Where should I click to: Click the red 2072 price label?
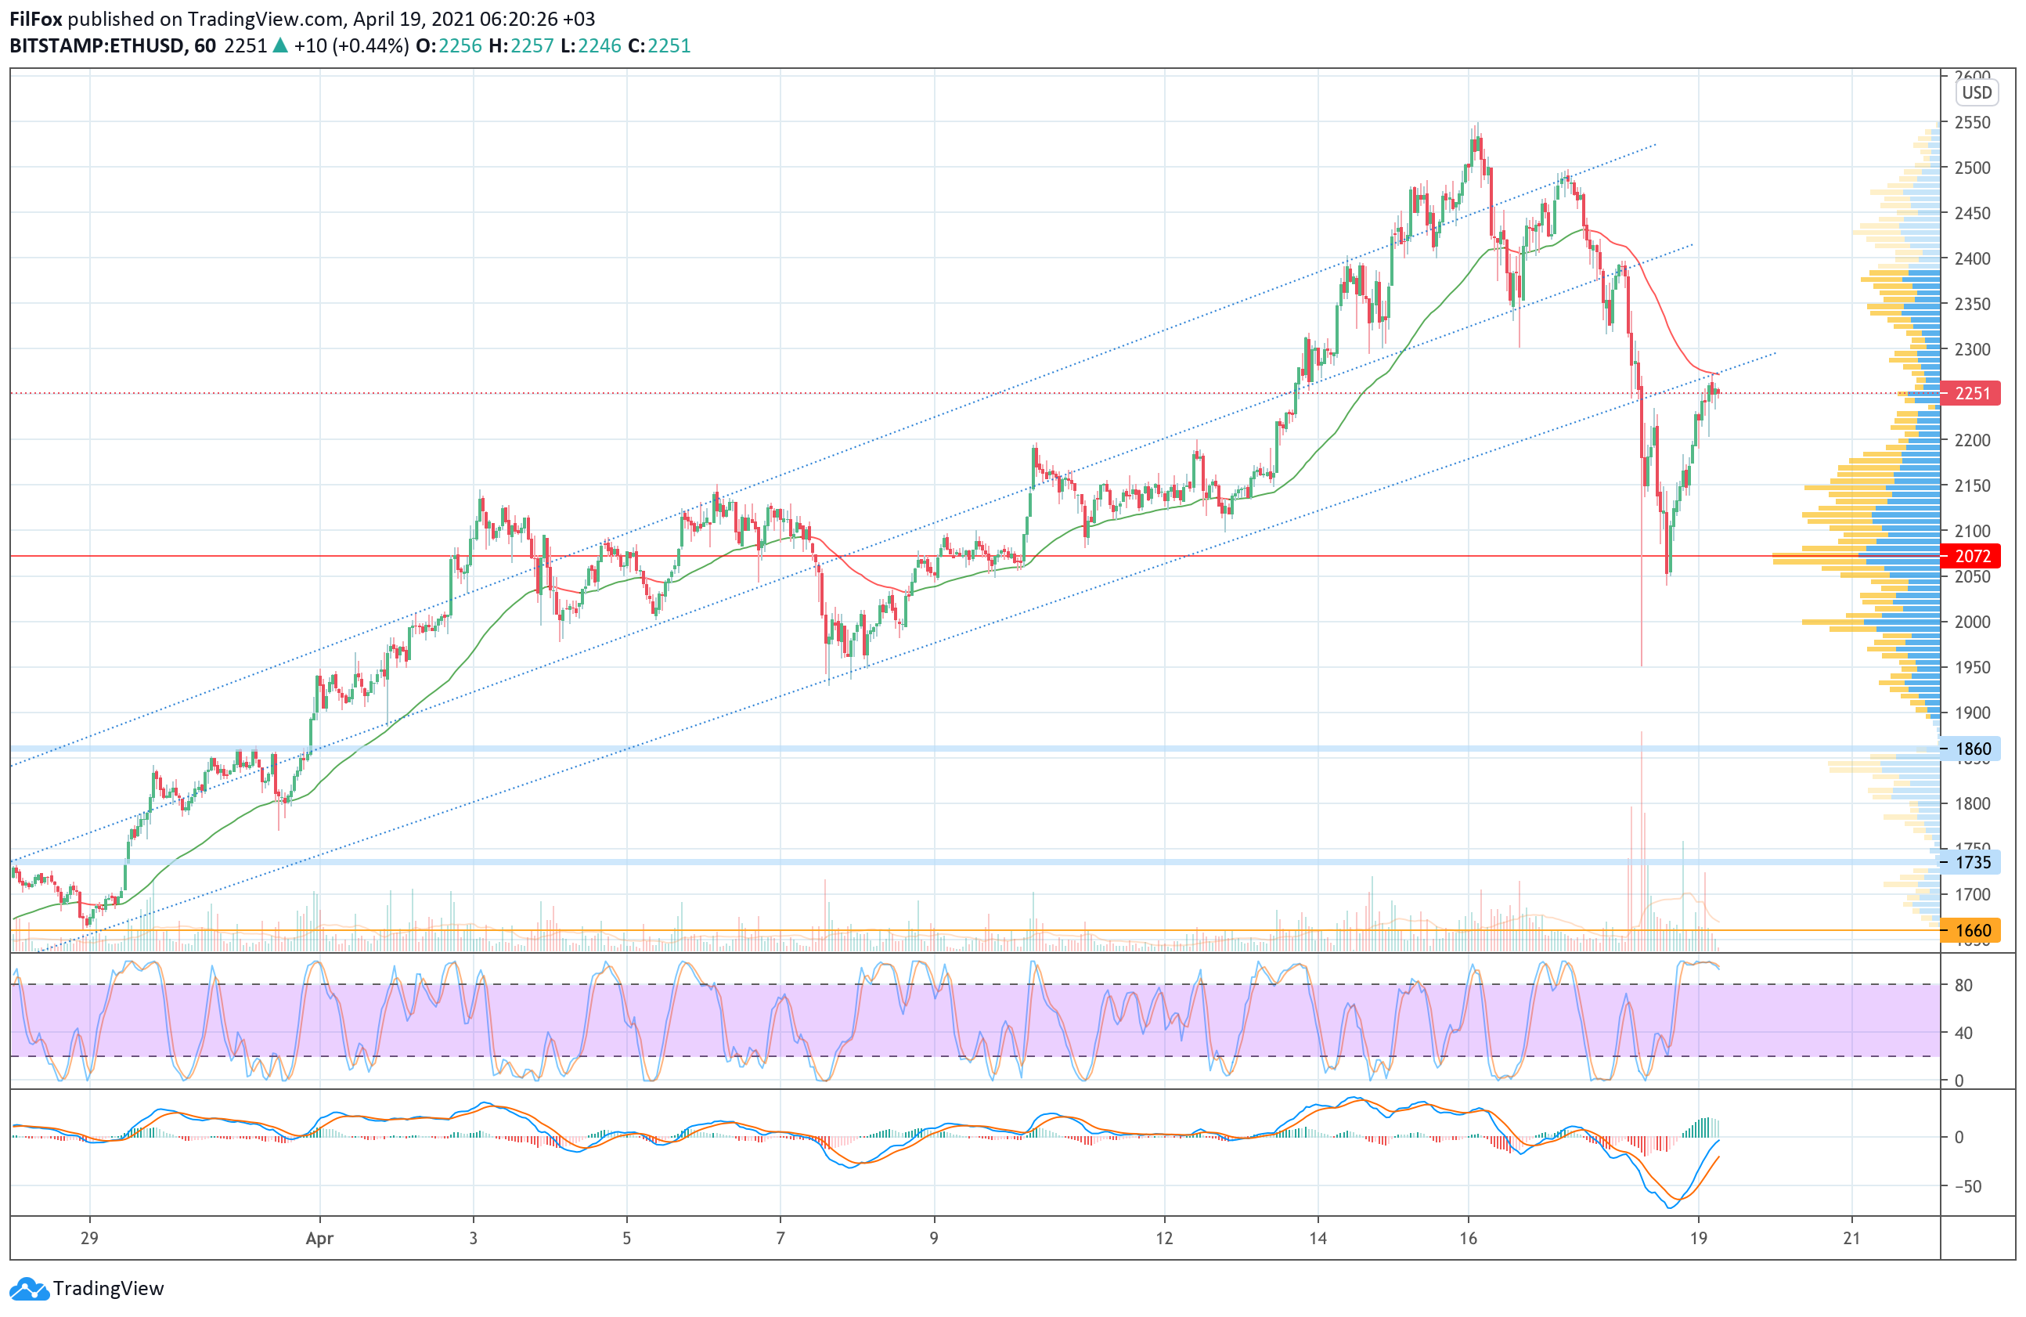click(1971, 556)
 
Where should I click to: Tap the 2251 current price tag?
click(1971, 393)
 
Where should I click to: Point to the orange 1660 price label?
click(1971, 930)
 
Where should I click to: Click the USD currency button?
click(1977, 93)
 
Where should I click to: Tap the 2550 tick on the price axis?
click(1972, 123)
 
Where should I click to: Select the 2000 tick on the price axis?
click(1972, 622)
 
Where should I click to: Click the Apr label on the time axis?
click(319, 1239)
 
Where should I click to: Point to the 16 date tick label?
click(1468, 1239)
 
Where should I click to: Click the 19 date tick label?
click(1698, 1239)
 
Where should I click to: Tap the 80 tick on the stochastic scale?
click(1964, 986)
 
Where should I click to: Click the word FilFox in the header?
click(36, 19)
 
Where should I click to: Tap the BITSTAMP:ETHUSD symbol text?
click(96, 46)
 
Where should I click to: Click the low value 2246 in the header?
click(600, 46)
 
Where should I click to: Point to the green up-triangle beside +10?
click(280, 46)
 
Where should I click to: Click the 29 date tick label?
click(89, 1239)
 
